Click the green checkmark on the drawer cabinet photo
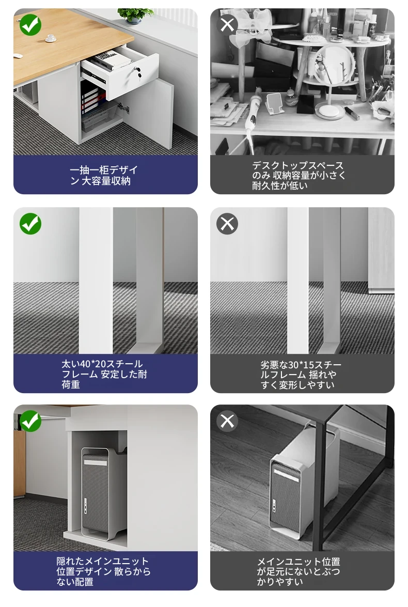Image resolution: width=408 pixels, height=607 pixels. coord(30,25)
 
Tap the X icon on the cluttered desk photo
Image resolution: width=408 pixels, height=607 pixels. coord(227,25)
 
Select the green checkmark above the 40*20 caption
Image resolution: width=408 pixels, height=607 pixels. coord(30,224)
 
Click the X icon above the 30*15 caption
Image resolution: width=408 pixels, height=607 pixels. coord(227,224)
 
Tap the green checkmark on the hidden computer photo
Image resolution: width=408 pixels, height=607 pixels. coord(30,421)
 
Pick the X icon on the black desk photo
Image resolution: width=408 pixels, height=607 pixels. coord(227,421)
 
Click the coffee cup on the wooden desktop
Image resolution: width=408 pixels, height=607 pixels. coord(51,38)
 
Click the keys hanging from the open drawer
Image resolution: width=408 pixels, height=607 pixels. coord(136,72)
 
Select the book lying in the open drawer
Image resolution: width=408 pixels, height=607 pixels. coord(112,59)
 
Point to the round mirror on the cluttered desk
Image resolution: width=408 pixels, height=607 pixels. coord(334,66)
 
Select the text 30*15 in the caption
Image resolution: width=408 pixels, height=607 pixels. coord(301,365)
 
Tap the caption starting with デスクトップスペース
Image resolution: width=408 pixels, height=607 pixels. coord(298,175)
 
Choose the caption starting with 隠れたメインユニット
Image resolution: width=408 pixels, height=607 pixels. coord(103,571)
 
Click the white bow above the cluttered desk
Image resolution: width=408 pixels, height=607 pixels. coord(254,25)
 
